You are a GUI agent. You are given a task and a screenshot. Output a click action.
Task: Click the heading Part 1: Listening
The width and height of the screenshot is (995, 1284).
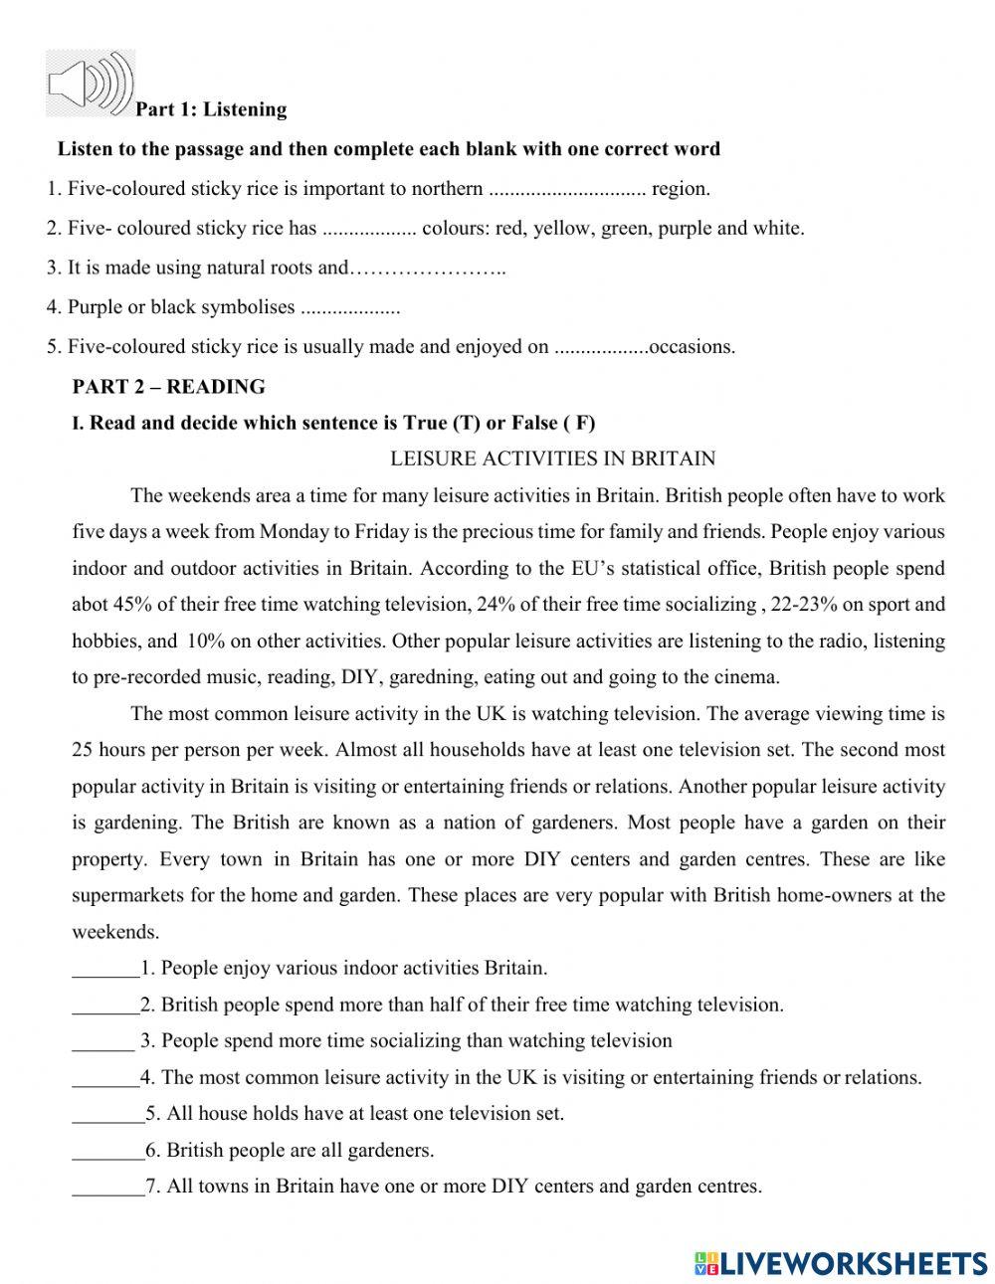point(211,109)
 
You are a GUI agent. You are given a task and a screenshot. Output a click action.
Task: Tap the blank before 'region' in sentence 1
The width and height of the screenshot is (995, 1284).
point(568,189)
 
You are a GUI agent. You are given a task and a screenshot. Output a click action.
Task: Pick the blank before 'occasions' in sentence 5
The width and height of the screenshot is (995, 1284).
point(600,348)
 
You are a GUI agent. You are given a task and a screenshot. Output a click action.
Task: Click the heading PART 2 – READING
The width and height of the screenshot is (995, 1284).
point(169,386)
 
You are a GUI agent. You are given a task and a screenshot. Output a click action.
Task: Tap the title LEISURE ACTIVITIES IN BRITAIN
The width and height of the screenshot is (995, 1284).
point(552,459)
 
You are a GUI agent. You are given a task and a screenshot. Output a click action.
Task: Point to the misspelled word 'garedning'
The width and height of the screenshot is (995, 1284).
point(434,677)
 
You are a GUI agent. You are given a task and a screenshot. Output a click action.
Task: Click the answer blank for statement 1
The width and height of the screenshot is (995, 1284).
point(105,968)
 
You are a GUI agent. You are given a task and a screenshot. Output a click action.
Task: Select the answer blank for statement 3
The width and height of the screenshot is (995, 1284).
point(103,1041)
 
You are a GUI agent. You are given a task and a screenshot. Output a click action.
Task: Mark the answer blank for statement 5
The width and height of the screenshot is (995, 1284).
point(107,1114)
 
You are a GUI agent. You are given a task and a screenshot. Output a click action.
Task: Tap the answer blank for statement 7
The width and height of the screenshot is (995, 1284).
point(107,1187)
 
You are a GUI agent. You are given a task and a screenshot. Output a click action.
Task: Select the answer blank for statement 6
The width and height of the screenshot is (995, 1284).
point(107,1151)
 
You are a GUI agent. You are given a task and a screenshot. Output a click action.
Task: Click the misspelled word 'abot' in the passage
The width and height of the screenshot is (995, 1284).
point(89,604)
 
